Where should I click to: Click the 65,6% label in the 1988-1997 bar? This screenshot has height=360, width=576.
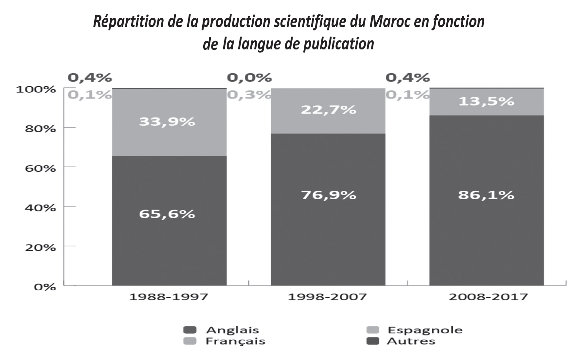click(167, 214)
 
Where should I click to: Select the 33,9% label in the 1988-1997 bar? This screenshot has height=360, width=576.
click(167, 122)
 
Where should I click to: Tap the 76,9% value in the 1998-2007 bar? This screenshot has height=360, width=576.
click(328, 195)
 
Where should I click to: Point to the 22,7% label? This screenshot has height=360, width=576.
click(328, 109)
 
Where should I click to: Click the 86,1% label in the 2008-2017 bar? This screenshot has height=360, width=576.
click(486, 195)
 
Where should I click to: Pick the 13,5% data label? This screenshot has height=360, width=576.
click(486, 101)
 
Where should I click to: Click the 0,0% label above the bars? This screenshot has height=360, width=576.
click(249, 78)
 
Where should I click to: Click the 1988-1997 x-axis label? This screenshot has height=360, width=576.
click(169, 297)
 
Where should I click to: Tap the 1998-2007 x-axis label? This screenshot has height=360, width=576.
click(327, 297)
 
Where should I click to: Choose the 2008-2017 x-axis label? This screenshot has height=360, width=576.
click(488, 297)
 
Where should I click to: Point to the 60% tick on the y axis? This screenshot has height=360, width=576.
click(40, 169)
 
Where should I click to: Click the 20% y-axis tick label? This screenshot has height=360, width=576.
click(40, 248)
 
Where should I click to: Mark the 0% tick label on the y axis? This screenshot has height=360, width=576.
click(45, 287)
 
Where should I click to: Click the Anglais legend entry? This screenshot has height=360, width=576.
click(232, 330)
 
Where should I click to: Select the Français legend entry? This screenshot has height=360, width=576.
click(235, 341)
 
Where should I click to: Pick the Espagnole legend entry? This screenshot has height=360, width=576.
click(425, 330)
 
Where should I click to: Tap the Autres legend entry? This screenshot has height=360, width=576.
click(411, 341)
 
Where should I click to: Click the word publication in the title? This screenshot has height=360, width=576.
click(338, 44)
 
